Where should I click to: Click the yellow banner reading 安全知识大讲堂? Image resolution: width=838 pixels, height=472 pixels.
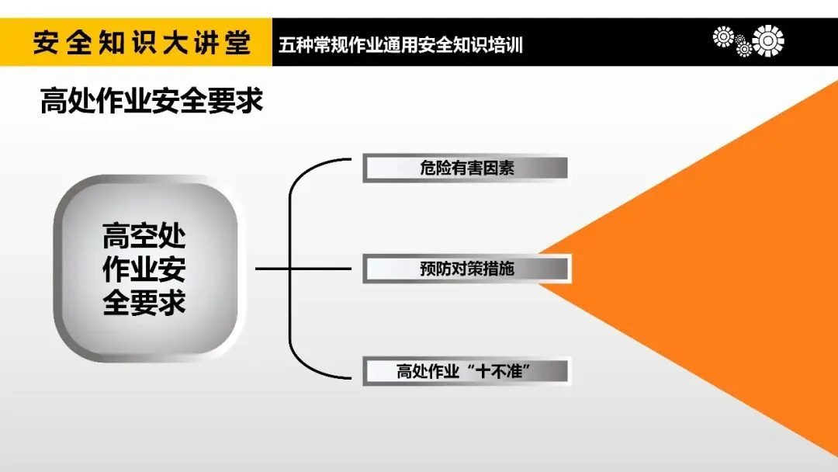point(136,43)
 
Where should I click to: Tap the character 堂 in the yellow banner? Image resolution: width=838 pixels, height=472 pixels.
point(237,43)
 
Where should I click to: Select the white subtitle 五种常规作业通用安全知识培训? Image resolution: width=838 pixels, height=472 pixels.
point(400,45)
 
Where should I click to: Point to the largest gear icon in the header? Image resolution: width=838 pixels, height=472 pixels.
point(768,40)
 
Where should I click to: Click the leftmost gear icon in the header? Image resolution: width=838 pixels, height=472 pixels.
point(723,36)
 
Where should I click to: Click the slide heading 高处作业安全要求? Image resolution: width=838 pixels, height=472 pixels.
point(151,102)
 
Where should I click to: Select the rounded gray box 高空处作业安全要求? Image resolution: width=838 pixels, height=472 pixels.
point(145,269)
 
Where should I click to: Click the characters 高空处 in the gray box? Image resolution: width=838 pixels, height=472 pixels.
point(145,236)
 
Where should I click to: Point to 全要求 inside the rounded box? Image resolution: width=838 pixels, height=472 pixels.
point(145,302)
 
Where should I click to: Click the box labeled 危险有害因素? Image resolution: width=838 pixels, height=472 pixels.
point(466,168)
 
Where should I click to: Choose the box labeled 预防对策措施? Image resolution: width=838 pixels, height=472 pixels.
point(466,269)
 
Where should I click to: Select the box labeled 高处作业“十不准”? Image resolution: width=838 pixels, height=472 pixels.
point(466,371)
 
